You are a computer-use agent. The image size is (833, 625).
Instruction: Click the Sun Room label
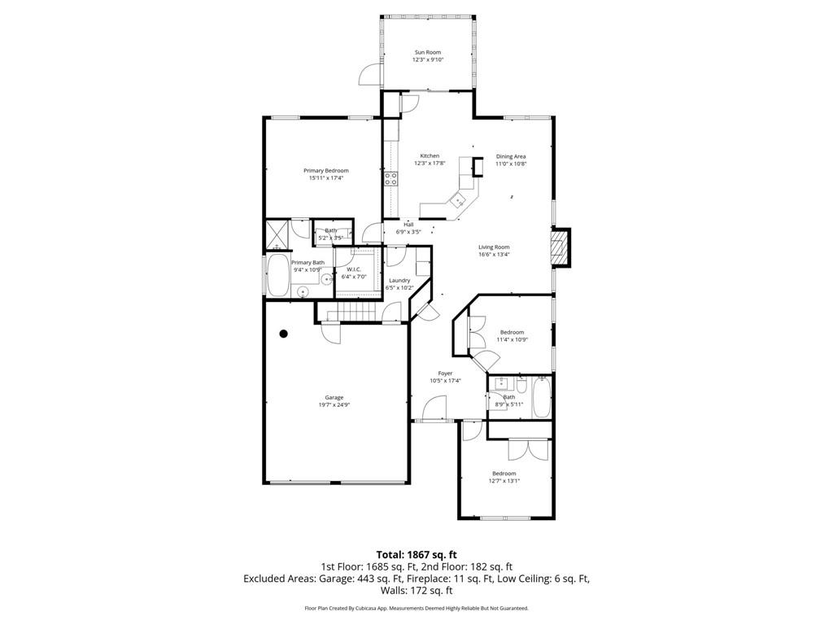(428, 52)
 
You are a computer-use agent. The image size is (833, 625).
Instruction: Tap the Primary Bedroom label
(325, 171)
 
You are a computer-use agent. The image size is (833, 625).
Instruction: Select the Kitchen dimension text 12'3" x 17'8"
(430, 163)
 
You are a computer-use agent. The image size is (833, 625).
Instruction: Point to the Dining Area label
(511, 156)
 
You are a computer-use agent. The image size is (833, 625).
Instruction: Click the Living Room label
(494, 247)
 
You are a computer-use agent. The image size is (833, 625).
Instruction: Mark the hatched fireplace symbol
(558, 247)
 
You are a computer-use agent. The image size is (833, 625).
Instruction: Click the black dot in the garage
(284, 334)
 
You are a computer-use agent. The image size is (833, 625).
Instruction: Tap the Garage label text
(334, 397)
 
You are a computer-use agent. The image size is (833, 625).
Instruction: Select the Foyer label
(445, 373)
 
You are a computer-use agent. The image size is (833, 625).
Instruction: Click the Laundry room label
(399, 280)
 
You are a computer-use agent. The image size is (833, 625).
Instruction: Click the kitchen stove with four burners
(391, 178)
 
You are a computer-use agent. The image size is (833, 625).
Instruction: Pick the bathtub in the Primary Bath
(277, 276)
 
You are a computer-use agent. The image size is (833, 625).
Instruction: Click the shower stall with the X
(277, 234)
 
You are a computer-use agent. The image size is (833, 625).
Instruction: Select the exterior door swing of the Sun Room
(371, 74)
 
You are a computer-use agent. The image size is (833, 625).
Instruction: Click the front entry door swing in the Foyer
(434, 409)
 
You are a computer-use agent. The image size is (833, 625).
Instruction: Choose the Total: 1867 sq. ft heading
(416, 555)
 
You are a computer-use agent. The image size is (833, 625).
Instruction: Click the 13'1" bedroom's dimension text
(504, 481)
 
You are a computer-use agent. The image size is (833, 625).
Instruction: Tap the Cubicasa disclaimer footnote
(416, 608)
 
